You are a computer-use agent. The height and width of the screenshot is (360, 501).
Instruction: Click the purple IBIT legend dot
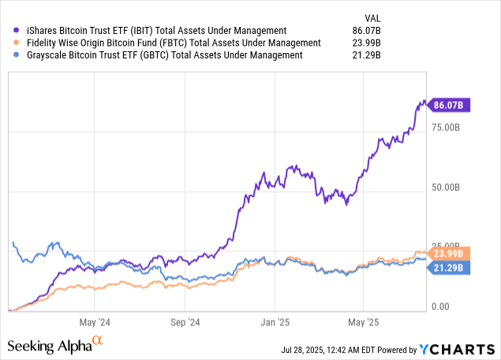[17, 30]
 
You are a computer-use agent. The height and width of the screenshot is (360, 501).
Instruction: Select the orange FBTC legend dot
[17, 43]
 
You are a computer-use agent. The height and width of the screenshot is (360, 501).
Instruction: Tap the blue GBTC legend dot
[17, 54]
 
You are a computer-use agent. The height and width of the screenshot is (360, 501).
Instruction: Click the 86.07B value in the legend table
[367, 31]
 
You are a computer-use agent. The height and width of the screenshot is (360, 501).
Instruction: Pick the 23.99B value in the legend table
[367, 43]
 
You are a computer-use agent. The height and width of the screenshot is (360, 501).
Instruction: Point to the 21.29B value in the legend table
[367, 55]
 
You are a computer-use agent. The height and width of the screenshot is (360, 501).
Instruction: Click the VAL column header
[372, 18]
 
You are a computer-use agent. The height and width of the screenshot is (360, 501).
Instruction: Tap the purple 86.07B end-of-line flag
[449, 105]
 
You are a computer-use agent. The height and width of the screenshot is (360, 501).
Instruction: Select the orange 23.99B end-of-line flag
[449, 253]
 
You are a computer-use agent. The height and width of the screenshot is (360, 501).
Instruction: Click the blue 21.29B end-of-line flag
[449, 268]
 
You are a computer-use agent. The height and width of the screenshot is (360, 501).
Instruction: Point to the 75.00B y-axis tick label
[446, 128]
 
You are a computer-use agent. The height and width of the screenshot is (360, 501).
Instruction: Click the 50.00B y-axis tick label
[446, 187]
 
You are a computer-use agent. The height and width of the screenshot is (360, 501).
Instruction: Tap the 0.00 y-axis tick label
[440, 307]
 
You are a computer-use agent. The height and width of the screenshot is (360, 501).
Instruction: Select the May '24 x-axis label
[95, 322]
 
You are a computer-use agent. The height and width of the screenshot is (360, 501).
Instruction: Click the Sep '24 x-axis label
[185, 322]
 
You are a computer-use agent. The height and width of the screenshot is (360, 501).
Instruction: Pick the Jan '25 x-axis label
[275, 322]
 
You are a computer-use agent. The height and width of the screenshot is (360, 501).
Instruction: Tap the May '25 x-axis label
[364, 322]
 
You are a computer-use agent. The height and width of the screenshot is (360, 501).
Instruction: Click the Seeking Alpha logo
[55, 345]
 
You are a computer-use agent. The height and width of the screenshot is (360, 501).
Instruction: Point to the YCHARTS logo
[458, 350]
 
